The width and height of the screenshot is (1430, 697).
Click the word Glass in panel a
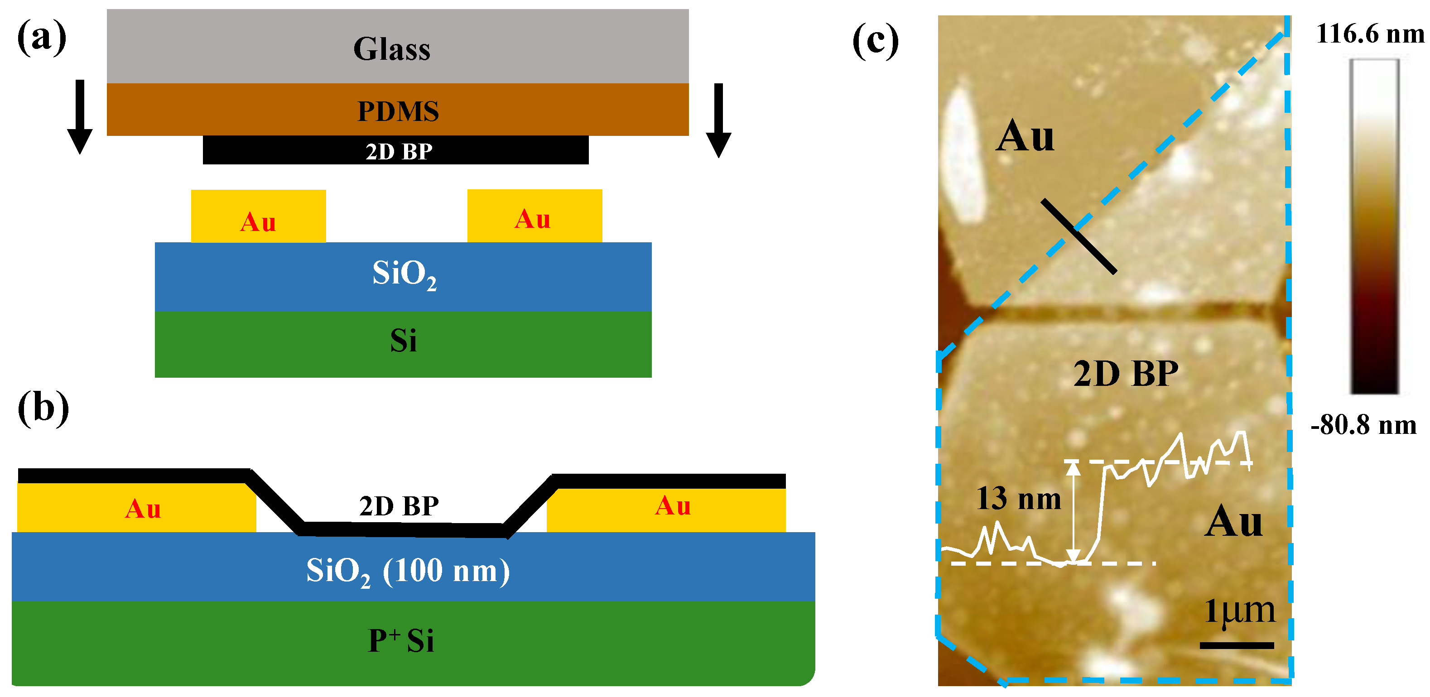391,49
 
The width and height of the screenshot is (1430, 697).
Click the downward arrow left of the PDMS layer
80,116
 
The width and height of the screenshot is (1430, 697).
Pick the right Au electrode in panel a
534,216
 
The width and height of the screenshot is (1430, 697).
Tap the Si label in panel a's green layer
403,341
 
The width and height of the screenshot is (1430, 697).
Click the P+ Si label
401,640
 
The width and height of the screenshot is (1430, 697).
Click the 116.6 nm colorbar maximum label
1369,34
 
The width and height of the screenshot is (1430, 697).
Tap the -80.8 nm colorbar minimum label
1363,426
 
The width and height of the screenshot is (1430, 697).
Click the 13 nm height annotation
1018,498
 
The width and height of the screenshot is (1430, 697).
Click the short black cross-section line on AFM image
1078,236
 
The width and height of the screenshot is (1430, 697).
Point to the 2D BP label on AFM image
1125,374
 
